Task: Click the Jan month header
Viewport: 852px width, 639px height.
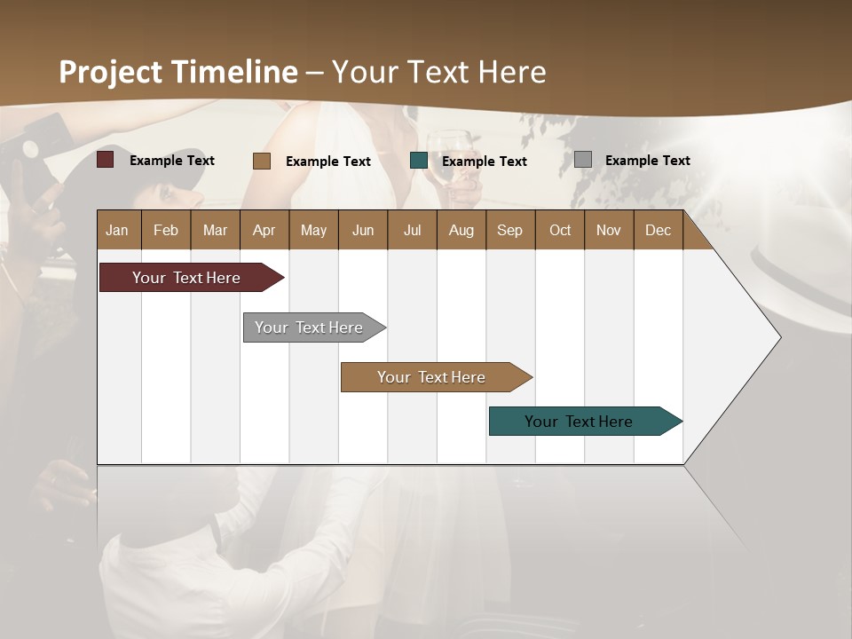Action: point(117,230)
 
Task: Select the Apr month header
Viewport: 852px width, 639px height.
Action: point(264,230)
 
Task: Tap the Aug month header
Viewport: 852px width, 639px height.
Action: point(461,230)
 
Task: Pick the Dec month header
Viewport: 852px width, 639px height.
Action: point(658,230)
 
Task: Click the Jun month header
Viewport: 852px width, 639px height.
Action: point(362,230)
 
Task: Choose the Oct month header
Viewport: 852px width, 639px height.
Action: point(559,230)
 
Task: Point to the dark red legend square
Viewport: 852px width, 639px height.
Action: point(106,160)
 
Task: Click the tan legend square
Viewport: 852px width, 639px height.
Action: point(262,161)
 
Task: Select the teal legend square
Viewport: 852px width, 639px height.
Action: point(419,161)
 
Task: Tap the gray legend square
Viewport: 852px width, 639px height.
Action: point(583,160)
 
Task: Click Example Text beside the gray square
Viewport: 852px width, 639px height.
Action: point(647,160)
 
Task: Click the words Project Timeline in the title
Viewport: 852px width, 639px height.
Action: point(177,72)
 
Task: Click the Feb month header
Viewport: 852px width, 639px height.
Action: point(166,230)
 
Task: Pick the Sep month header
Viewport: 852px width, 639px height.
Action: point(509,230)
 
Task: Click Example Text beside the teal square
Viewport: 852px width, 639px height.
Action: point(484,161)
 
